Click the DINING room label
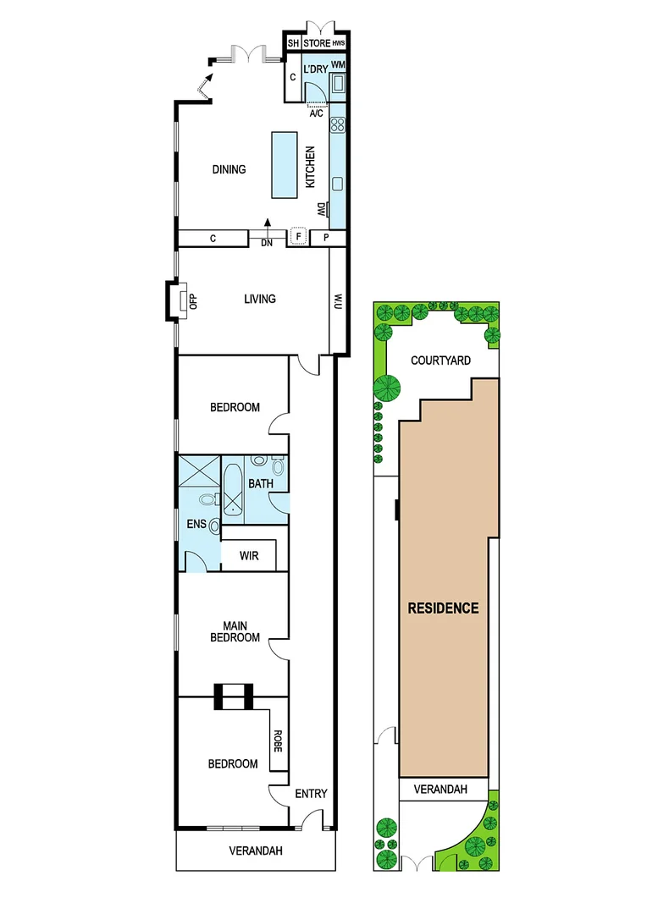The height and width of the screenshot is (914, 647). pos(229,169)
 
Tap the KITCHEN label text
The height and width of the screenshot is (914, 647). pos(311,167)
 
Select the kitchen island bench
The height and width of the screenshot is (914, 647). pos(285,163)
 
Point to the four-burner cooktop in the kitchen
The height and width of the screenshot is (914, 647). pos(337,125)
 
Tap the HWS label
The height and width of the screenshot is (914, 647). pos(339,44)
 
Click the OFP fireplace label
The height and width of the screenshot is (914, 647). pos(193,300)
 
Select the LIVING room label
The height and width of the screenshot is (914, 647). pos(259,299)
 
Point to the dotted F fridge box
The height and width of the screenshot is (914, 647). pos(297,237)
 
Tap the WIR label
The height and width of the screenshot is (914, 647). pos(249,556)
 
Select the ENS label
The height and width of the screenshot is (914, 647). pos(196,524)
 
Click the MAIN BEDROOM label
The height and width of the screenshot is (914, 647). pos(235,631)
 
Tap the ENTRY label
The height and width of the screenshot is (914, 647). pos(310,794)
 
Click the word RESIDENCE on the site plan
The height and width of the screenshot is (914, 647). pos(443,608)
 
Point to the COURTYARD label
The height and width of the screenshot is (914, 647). pos(440,361)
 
